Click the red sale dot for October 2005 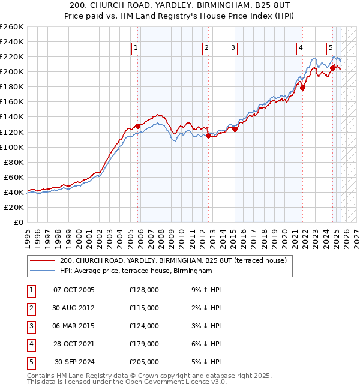pyautogui.click(x=138, y=126)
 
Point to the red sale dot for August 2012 pyautogui.click(x=208, y=136)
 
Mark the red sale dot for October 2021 pyautogui.click(x=303, y=88)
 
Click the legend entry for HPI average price pyautogui.click(x=136, y=271)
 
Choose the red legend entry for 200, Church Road pyautogui.click(x=173, y=260)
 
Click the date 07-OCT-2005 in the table pyautogui.click(x=74, y=290)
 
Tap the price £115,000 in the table pyautogui.click(x=144, y=308)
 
